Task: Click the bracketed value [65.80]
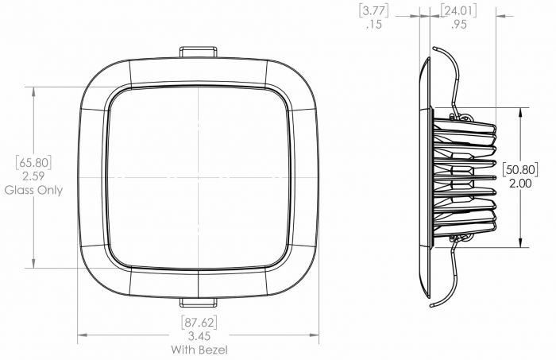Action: coord(33,163)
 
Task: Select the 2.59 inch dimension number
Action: coord(33,176)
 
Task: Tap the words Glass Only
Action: coord(33,191)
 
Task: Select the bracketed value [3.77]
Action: coord(374,10)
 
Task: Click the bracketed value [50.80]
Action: coord(520,168)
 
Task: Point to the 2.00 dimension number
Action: coord(520,182)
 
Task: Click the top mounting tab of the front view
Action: coord(198,52)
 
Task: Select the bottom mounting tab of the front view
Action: coord(198,302)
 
